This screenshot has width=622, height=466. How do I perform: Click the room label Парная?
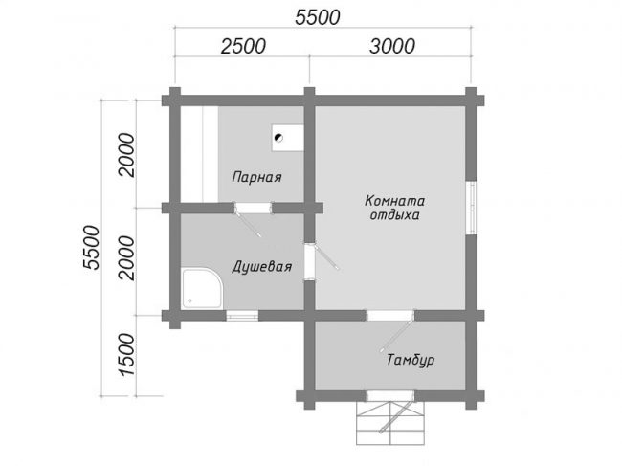pos(256,177)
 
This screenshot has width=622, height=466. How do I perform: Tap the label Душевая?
pos(262,267)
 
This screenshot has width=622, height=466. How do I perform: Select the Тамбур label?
pos(411,360)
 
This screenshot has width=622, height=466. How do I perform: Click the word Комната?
pos(394,201)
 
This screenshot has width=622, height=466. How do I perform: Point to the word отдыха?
pos(394,215)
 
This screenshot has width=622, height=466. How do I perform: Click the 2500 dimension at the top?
pos(243,46)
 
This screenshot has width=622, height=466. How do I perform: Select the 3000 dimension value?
pos(392,46)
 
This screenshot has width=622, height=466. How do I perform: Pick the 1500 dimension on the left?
pos(127,354)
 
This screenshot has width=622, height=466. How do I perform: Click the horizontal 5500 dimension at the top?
pos(318,17)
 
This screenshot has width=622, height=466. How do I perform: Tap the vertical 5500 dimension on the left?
pos(91,248)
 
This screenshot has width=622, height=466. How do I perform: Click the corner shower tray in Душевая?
pos(202,288)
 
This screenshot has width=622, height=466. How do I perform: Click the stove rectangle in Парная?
pos(288,138)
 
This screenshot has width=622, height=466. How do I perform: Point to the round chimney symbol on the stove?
pos(278,138)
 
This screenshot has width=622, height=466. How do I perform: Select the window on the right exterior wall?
pos(471,208)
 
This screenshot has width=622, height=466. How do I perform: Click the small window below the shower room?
pos(242,316)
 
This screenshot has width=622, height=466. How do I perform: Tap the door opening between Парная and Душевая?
pos(253,208)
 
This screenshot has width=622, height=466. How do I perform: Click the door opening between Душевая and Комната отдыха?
pos(309,261)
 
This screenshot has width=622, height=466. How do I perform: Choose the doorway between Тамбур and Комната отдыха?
pos(389,316)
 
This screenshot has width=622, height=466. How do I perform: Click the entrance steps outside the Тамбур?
pos(390,423)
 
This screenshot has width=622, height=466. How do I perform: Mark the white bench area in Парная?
pos(199,154)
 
